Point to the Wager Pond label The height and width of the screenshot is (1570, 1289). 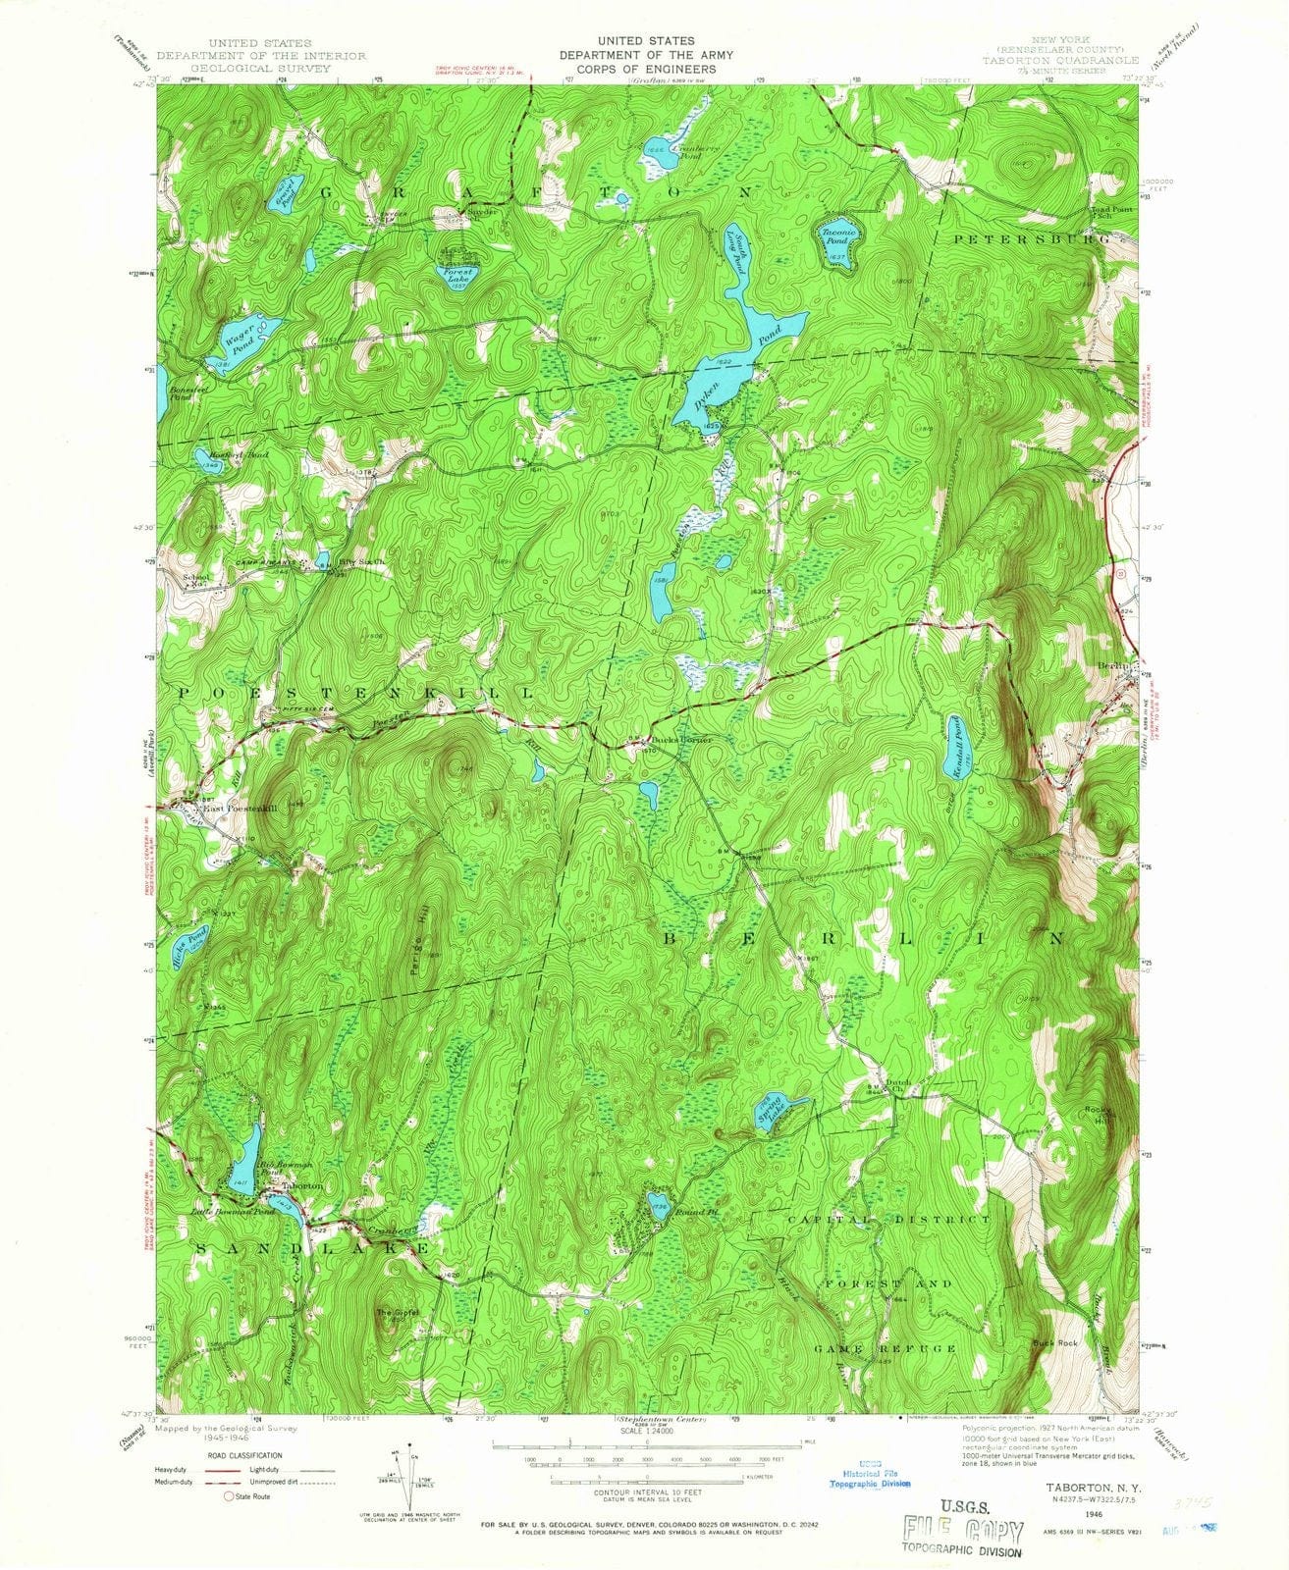239,339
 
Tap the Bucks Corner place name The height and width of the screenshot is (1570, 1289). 679,739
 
